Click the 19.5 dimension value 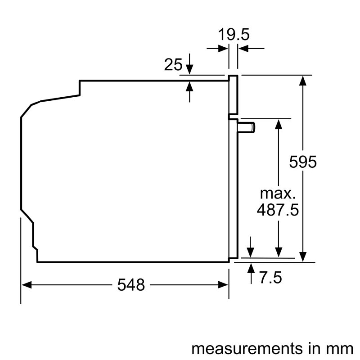(x=234, y=35)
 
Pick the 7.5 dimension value (x=270, y=278)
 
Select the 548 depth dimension (x=131, y=284)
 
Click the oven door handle (x=247, y=128)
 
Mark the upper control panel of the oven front (x=233, y=94)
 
